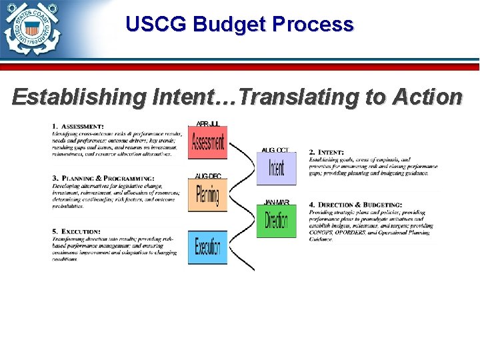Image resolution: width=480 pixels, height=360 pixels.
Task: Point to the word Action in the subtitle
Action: pyautogui.click(x=427, y=97)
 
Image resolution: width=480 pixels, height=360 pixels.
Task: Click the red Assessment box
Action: pyautogui.click(x=207, y=143)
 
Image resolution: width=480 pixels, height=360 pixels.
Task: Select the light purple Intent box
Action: pyautogui.click(x=276, y=168)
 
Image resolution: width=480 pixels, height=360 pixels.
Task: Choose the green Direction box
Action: pyautogui.click(x=276, y=221)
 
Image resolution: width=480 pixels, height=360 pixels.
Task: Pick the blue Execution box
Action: pyautogui.click(x=207, y=247)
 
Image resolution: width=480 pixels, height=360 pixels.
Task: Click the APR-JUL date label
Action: pyautogui.click(x=207, y=124)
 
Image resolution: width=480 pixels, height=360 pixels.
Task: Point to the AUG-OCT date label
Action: pyautogui.click(x=276, y=150)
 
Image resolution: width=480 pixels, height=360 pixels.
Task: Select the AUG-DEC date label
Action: pyautogui.click(x=208, y=176)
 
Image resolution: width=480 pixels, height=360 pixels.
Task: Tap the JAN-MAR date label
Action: pyautogui.click(x=277, y=202)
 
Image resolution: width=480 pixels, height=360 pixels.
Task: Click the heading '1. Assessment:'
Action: pyautogui.click(x=78, y=126)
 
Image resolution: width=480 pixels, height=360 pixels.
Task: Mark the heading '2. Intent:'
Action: pyautogui.click(x=326, y=153)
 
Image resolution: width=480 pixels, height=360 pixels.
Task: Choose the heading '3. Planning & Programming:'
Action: pyautogui.click(x=103, y=179)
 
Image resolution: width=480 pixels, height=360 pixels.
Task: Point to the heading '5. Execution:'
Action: pyautogui.click(x=76, y=231)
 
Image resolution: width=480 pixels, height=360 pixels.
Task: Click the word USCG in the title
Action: pyautogui.click(x=156, y=25)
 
